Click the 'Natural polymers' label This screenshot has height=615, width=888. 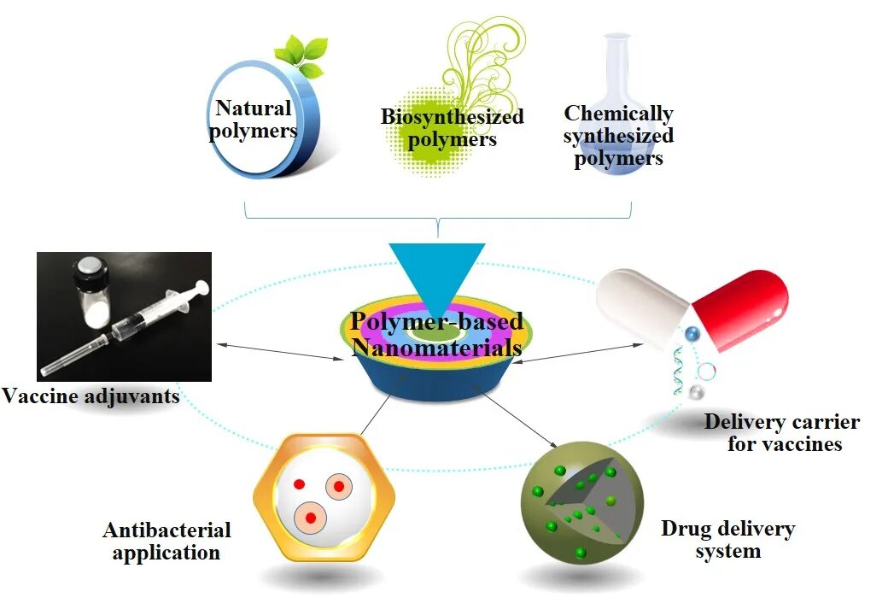[254, 119]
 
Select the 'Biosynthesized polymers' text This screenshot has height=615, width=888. [452, 127]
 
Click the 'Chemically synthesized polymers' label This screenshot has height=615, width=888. [618, 136]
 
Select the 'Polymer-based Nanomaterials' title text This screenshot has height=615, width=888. [436, 335]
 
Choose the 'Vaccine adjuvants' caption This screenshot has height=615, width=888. [91, 395]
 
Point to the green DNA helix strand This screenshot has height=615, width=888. [678, 376]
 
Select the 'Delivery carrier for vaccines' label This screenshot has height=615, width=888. [780, 432]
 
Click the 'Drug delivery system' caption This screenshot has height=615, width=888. [727, 539]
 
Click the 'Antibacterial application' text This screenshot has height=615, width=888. [166, 541]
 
